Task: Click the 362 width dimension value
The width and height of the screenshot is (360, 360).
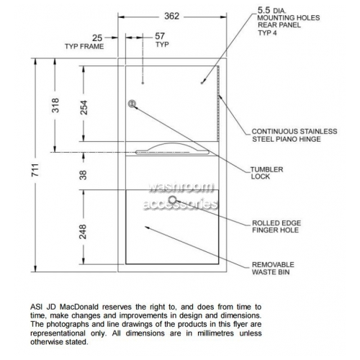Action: (x=172, y=17)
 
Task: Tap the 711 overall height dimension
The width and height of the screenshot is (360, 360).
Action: (x=35, y=170)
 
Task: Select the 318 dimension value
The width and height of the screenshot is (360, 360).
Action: (x=55, y=105)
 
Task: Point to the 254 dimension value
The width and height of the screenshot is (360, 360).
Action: (x=84, y=107)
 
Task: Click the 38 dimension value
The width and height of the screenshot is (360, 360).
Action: (x=83, y=175)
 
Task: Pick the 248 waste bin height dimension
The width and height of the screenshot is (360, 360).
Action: (x=83, y=232)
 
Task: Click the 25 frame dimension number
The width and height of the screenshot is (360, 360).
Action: (x=97, y=38)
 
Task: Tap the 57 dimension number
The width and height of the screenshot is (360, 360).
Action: (x=160, y=36)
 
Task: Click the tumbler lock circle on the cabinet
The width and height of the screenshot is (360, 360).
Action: (x=132, y=104)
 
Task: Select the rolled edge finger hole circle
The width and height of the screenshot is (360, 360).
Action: (x=172, y=199)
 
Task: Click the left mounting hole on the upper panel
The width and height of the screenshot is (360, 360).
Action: (x=143, y=83)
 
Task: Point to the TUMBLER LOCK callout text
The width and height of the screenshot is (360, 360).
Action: (x=266, y=173)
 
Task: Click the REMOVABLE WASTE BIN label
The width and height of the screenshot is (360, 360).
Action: (x=273, y=269)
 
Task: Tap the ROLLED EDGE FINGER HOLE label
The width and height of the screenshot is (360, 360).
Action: (x=276, y=227)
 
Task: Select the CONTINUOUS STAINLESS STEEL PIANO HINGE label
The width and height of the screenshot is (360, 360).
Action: (x=294, y=135)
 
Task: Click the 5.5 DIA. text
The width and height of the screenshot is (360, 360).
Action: (x=272, y=10)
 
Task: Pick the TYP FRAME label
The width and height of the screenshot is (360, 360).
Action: (x=84, y=46)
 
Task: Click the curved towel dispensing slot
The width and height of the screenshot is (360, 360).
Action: (x=172, y=149)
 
